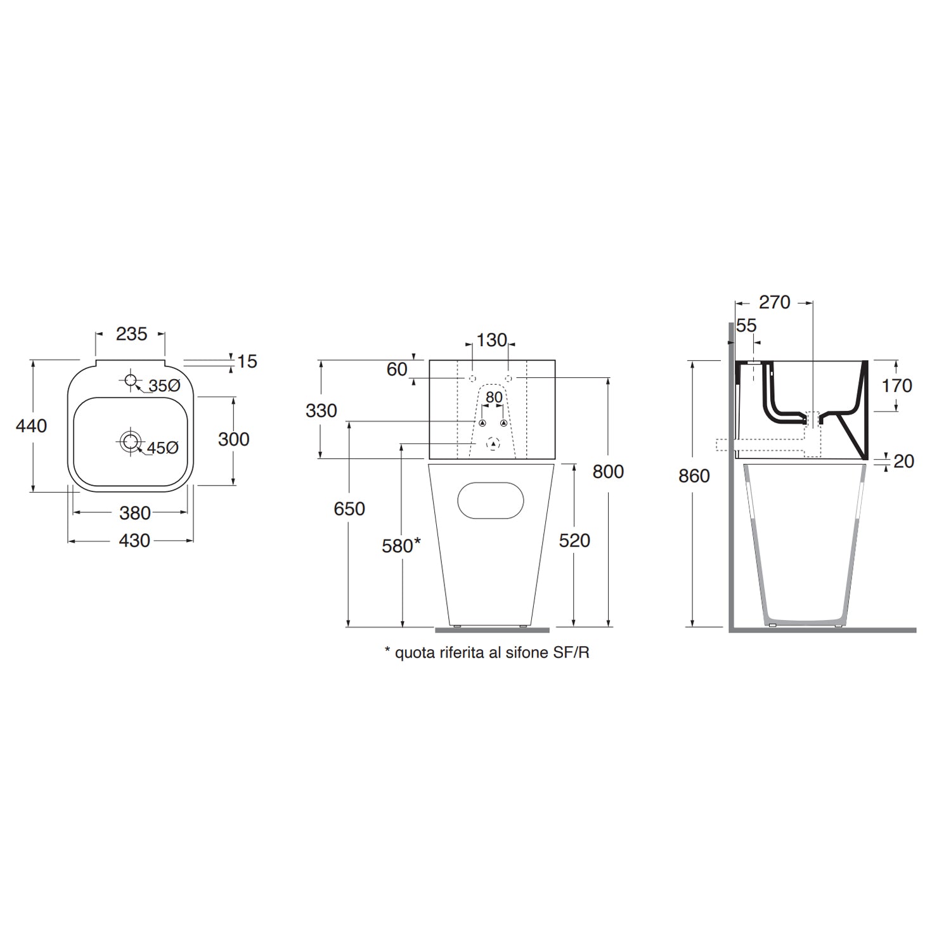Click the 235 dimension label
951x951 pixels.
click(131, 334)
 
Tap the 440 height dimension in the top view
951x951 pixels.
click(31, 425)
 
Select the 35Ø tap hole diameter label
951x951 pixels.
click(164, 385)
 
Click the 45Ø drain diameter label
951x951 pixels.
click(163, 448)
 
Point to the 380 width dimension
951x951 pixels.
click(134, 512)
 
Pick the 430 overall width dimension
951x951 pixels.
click(134, 541)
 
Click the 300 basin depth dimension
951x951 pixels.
click(233, 439)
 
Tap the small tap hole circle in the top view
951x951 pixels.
click(130, 380)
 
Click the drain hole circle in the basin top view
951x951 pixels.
click(131, 441)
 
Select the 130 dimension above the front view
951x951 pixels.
click(491, 340)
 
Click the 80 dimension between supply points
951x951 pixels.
click(494, 398)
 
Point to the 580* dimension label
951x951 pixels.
click(401, 545)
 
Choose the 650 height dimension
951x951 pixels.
click(349, 508)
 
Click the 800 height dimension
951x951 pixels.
click(608, 472)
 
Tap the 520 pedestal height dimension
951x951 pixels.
click(574, 540)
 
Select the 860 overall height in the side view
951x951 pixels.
click(694, 475)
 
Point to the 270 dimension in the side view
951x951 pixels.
click(774, 302)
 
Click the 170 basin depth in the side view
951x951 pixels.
click(896, 385)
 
